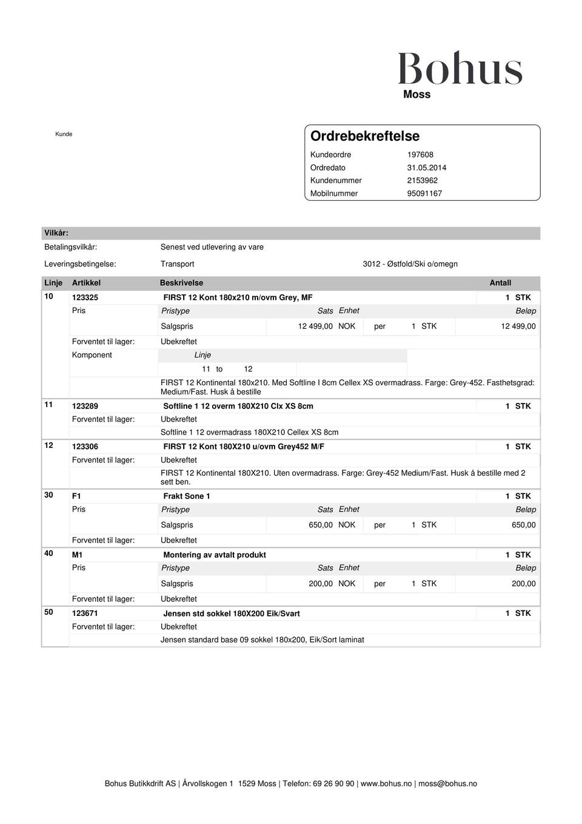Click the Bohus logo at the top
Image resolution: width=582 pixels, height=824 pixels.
tap(460, 69)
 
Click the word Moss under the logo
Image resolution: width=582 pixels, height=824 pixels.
tap(416, 95)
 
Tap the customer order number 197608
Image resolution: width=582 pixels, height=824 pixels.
tap(420, 155)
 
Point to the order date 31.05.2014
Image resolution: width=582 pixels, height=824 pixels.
tap(426, 167)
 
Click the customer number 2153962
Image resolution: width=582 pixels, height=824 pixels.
tap(422, 180)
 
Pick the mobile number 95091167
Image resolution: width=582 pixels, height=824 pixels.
tap(424, 194)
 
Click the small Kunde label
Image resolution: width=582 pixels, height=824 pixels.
tap(64, 134)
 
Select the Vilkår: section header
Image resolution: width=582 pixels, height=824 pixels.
tap(56, 233)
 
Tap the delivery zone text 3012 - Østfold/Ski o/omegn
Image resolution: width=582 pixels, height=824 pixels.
tap(410, 264)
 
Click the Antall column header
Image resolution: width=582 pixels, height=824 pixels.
tap(500, 283)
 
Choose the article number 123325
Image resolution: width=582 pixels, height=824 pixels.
tap(85, 297)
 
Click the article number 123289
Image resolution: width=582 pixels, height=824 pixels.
tap(85, 406)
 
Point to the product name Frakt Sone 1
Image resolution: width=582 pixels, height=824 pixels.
tap(187, 496)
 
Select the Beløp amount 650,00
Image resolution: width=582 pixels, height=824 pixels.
tap(523, 525)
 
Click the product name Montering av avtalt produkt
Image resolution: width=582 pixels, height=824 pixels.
tap(215, 555)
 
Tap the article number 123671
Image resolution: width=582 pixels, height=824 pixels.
tap(85, 613)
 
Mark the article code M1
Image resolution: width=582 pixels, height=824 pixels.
tap(78, 555)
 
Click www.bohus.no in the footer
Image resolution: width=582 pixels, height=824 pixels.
tap(386, 783)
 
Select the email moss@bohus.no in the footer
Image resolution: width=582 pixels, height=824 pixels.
tap(447, 783)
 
